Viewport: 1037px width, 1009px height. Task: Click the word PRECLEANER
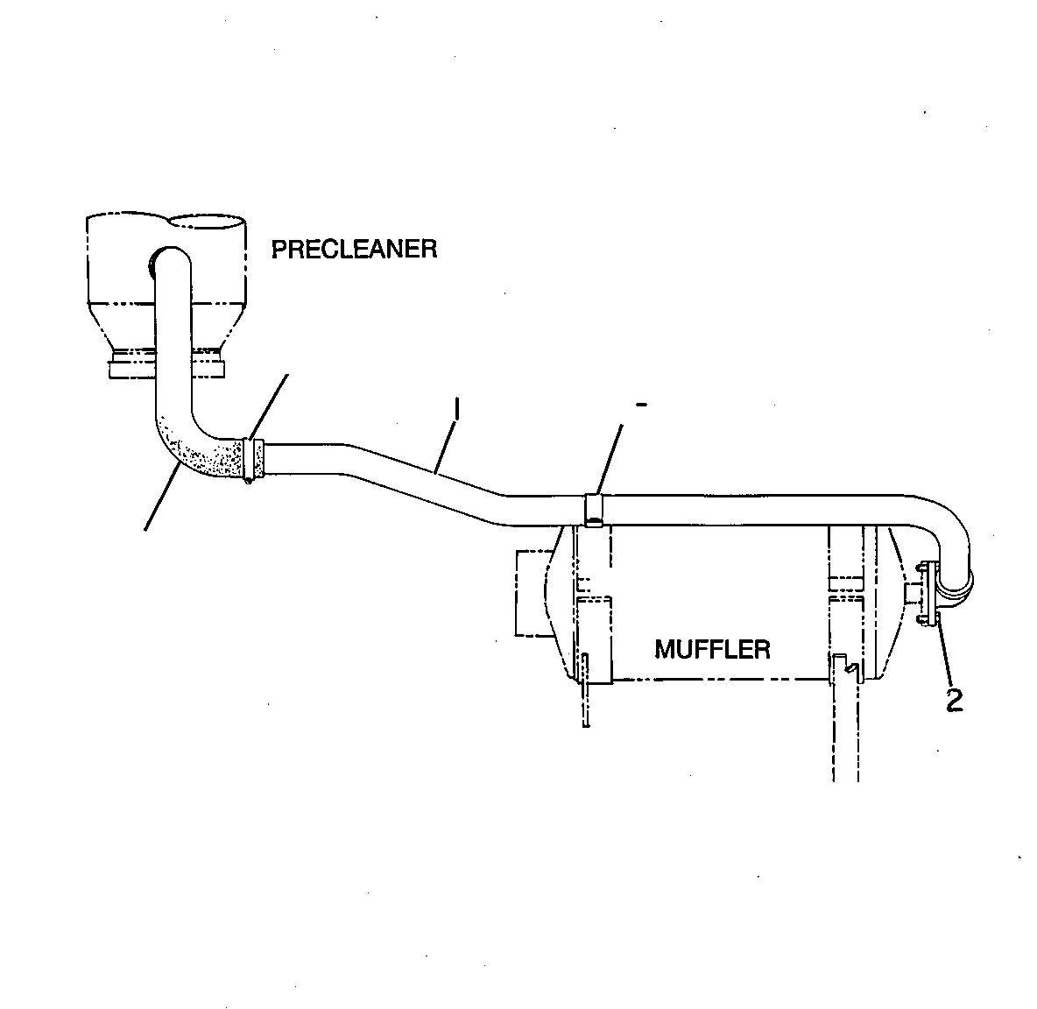tap(355, 250)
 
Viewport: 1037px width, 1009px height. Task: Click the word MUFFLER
tap(712, 649)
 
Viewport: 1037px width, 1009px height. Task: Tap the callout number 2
tap(955, 700)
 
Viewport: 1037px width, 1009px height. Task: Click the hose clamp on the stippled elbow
tap(252, 460)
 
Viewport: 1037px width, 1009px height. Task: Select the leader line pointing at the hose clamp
tap(269, 406)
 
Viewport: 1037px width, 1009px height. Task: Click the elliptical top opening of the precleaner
tap(207, 225)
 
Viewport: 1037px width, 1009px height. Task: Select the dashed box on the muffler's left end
tap(533, 592)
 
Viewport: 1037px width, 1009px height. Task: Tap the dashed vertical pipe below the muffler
tap(845, 727)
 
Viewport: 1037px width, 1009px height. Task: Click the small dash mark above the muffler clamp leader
tap(641, 404)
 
